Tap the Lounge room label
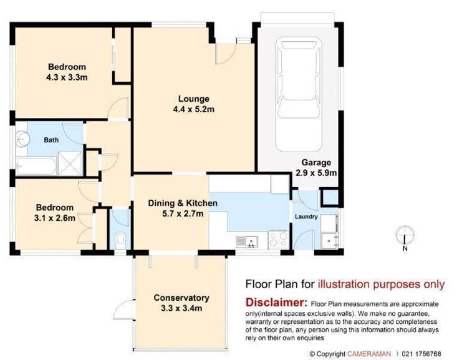point(193,99)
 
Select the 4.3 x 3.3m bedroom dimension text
point(66,78)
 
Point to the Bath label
point(51,140)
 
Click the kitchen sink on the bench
point(248,240)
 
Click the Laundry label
point(307,217)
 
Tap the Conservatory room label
point(181,298)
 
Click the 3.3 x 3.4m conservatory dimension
point(181,308)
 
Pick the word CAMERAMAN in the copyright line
point(370,354)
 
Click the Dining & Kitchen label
point(183,203)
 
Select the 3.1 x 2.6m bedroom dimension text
point(55,218)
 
